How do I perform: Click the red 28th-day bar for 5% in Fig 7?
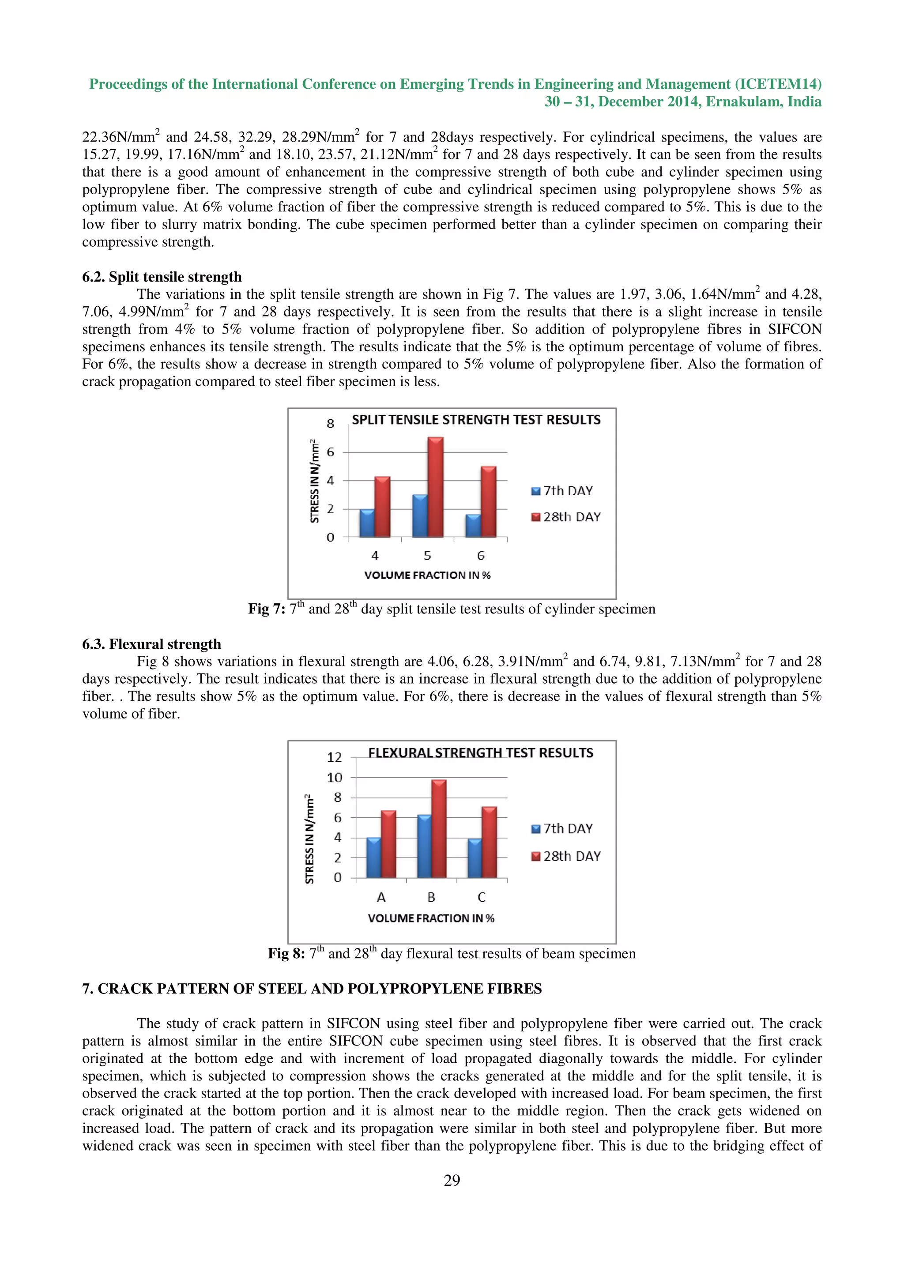click(x=435, y=487)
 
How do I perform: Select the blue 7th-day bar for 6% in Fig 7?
click(x=473, y=526)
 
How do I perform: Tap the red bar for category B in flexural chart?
click(x=438, y=829)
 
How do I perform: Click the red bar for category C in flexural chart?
click(x=489, y=842)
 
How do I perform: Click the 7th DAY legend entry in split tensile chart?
click(x=562, y=491)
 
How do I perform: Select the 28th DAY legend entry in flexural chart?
click(x=566, y=856)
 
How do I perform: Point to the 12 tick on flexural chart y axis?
click(x=334, y=757)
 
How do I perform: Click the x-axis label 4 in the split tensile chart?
click(x=375, y=555)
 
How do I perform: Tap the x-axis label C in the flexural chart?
click(x=481, y=897)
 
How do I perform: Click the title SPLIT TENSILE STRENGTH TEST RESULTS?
click(x=476, y=419)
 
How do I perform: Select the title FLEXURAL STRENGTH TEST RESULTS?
click(x=480, y=752)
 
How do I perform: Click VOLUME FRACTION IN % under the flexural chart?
click(x=430, y=918)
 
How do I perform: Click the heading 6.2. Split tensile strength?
click(x=162, y=277)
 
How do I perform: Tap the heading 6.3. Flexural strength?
click(x=151, y=644)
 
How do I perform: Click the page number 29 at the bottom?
click(x=452, y=1180)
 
